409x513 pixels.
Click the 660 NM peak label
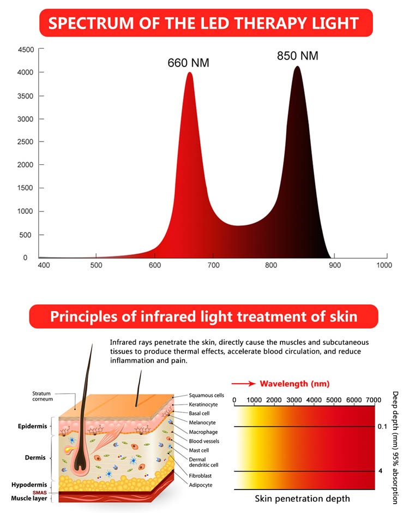pos(188,63)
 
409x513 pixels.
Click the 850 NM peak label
pos(297,56)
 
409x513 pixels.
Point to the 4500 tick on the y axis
pos(27,50)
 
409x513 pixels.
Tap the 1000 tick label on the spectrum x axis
pos(384,265)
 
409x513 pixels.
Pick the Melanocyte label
pos(202,422)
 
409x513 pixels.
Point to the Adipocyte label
pos(201,485)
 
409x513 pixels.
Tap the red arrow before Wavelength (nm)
pos(243,384)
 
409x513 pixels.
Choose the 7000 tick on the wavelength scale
pos(373,400)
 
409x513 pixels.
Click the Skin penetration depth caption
pos(302,498)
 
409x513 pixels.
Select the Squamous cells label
pos(206,395)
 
